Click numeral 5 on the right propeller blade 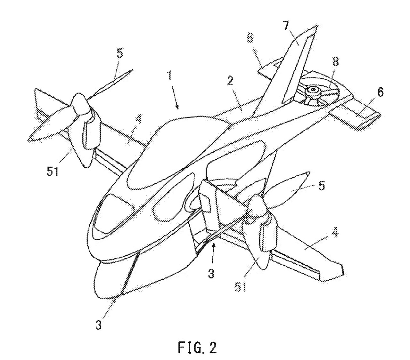322,185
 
